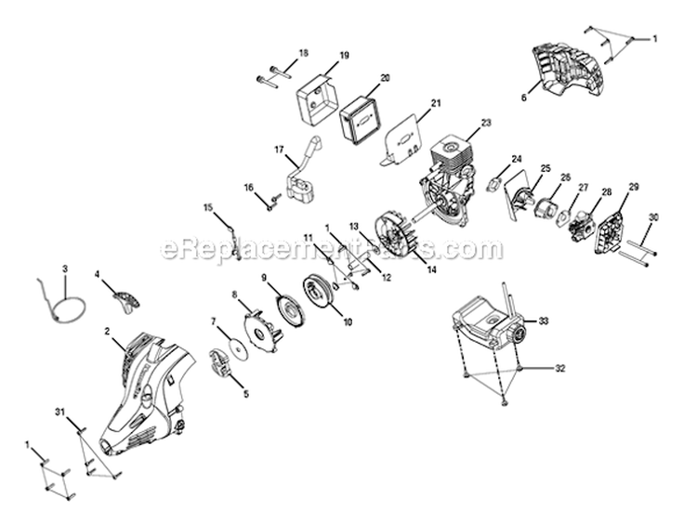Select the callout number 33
coord(544,321)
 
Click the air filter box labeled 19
coord(317,94)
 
